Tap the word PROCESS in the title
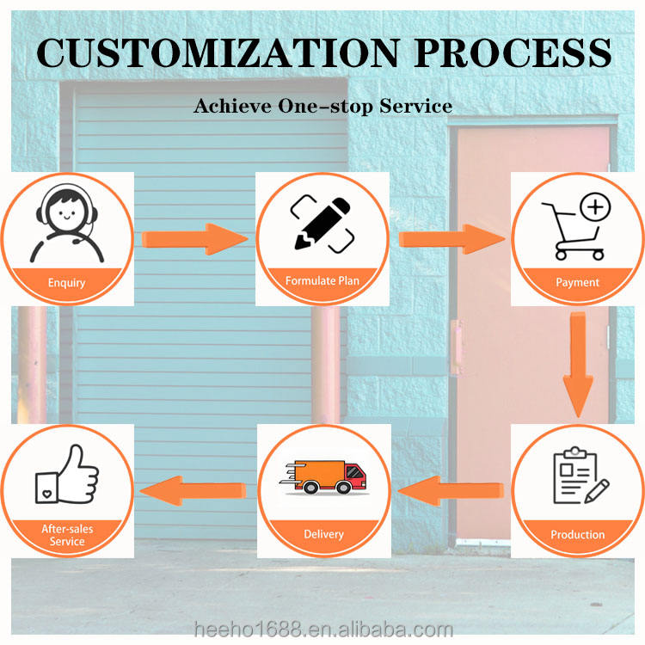513,52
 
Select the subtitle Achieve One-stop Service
322,106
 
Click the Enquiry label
66,282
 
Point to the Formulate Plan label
322,280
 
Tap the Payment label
578,281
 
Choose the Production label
578,534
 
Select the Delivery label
322,534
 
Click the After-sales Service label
66,535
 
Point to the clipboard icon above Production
578,476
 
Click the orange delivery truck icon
322,477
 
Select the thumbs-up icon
66,476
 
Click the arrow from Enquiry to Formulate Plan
195,237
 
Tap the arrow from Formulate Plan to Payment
451,237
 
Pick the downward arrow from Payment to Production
578,362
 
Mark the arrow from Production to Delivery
451,491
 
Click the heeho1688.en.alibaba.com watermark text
322,629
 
